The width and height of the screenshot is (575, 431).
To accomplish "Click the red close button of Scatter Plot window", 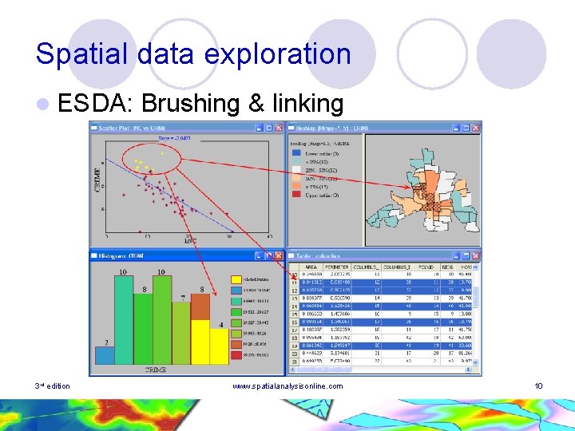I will (x=280, y=127).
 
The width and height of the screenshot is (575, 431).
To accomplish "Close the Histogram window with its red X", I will (x=279, y=255).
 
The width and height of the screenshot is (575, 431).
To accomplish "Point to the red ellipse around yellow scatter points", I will (x=149, y=156).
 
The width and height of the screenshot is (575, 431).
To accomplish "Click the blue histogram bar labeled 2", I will (x=107, y=357).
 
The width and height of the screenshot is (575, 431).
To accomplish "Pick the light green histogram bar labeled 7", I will (x=184, y=335).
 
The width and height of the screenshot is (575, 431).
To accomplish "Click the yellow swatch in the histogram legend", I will (x=236, y=280).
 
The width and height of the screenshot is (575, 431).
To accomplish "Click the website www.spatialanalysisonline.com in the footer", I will (x=287, y=386).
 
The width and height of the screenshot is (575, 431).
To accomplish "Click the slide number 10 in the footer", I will (x=538, y=386).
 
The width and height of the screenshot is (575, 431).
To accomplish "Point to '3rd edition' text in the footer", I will (x=53, y=386).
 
